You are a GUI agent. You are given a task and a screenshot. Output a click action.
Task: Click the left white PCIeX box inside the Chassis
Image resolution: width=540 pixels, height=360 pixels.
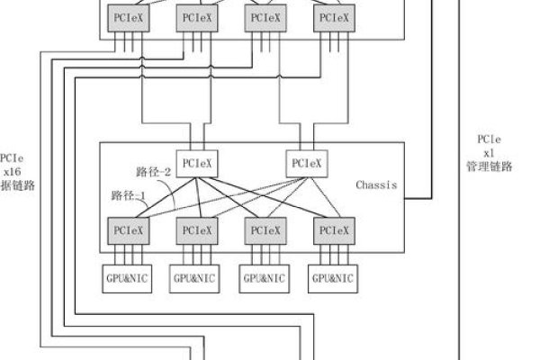point(196,163)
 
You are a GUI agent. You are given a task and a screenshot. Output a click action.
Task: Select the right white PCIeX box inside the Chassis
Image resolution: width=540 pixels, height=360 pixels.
point(306,163)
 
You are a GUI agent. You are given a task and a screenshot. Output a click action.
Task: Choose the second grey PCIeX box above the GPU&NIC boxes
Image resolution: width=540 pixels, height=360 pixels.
point(196,230)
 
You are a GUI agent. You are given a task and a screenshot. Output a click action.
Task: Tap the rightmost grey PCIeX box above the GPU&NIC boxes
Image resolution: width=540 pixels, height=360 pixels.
point(332,230)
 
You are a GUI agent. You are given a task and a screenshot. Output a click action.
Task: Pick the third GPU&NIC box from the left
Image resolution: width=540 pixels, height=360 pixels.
point(264,278)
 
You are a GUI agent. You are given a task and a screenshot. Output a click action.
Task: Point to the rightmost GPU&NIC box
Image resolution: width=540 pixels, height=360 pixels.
point(332,278)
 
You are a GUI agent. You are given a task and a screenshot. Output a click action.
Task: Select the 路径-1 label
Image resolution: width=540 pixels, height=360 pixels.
point(128,194)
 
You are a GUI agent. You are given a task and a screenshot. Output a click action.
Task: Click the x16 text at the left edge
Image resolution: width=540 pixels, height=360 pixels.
point(12,152)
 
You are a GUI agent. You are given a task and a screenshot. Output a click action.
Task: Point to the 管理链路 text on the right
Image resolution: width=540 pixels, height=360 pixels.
point(487,167)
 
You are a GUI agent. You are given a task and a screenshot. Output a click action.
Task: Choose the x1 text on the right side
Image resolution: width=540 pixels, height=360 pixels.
point(487,153)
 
